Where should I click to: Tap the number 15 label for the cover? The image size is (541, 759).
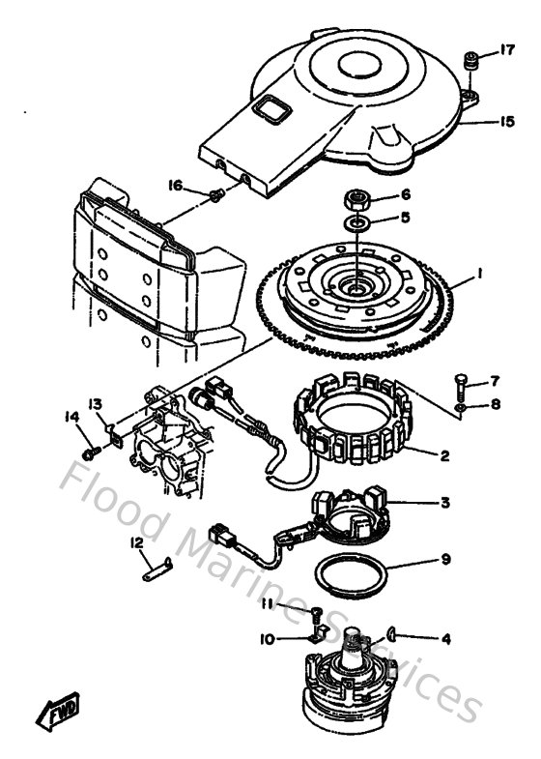pos(506,122)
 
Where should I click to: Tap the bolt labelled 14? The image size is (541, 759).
pos(90,452)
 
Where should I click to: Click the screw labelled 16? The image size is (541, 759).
pos(215,196)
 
